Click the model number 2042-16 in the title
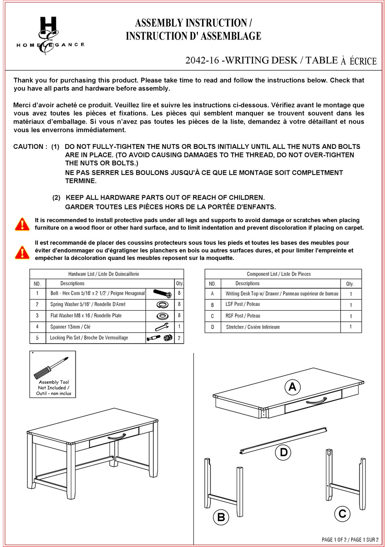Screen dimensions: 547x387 (x=202, y=61)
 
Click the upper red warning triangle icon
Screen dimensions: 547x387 (x=22, y=224)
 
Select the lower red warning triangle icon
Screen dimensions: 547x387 (x=22, y=252)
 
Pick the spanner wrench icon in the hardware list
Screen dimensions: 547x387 (x=161, y=327)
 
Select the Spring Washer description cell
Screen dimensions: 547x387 (x=88, y=304)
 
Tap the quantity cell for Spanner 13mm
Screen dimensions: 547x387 (x=179, y=327)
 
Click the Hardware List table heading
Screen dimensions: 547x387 (x=103, y=274)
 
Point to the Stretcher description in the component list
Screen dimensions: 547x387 (x=253, y=327)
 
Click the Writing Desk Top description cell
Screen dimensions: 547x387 (x=281, y=294)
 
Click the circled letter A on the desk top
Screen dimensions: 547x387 (x=292, y=387)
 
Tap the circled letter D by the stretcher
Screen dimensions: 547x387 (x=284, y=452)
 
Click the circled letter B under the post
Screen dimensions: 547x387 (x=221, y=517)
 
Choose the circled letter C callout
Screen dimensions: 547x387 (x=342, y=514)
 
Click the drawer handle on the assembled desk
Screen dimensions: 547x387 (x=117, y=437)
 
